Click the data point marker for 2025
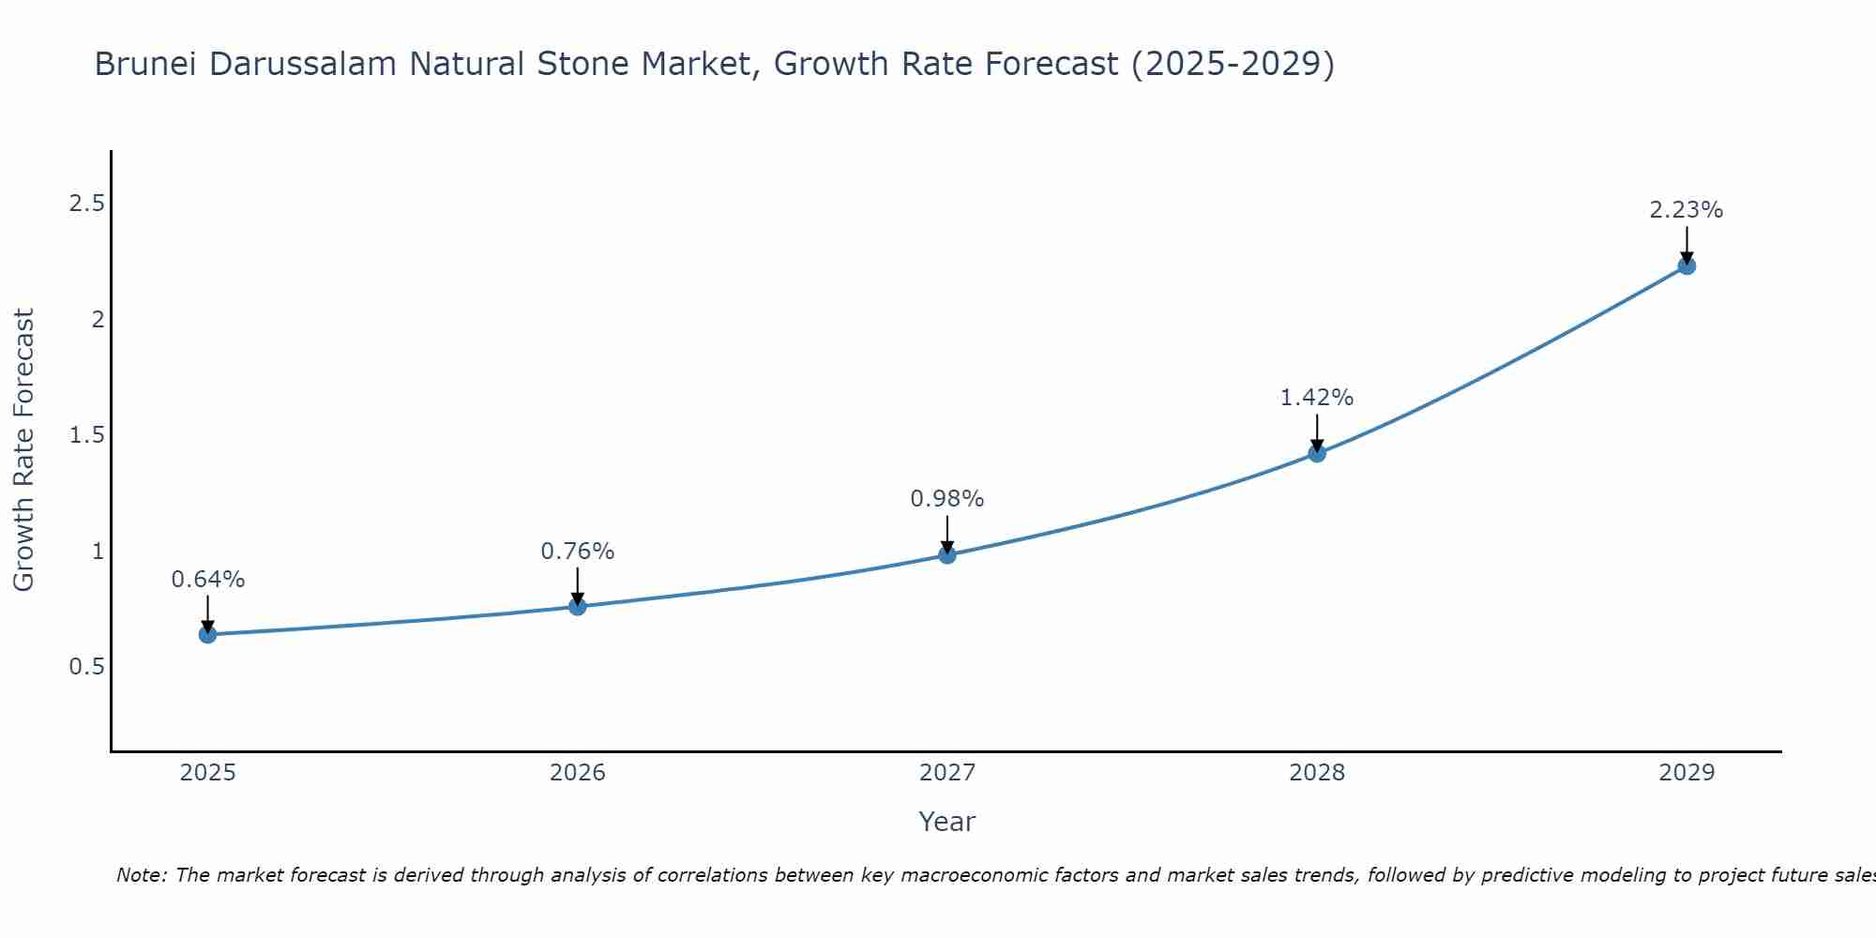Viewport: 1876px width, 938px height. pyautogui.click(x=207, y=635)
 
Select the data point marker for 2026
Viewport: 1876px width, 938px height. pyautogui.click(x=578, y=607)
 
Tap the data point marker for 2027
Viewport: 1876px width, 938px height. pyautogui.click(x=947, y=555)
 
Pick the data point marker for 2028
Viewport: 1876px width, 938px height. pyautogui.click(x=1317, y=454)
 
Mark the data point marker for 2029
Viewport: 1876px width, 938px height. pyautogui.click(x=1687, y=266)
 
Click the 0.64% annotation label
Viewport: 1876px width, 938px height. pyautogui.click(x=207, y=580)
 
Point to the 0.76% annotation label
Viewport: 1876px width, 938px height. pyautogui.click(x=578, y=552)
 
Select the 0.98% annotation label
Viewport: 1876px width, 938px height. pyautogui.click(x=947, y=499)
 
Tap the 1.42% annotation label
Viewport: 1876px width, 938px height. pyautogui.click(x=1317, y=398)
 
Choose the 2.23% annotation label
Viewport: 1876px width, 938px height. pyautogui.click(x=1687, y=210)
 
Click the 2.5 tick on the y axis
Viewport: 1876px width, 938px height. pyautogui.click(x=86, y=204)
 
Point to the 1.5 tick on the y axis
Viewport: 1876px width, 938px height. pyautogui.click(x=86, y=435)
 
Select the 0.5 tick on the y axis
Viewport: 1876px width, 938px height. pyautogui.click(x=86, y=667)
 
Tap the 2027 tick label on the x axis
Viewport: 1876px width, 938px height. pyautogui.click(x=947, y=773)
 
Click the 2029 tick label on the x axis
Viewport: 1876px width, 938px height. pyautogui.click(x=1687, y=773)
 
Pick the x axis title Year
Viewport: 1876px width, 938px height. pyautogui.click(x=947, y=822)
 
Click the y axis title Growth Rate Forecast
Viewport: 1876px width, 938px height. pyautogui.click(x=23, y=450)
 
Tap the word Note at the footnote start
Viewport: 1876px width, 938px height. pyautogui.click(x=141, y=875)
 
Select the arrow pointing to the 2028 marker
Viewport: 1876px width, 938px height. pyautogui.click(x=1317, y=433)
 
